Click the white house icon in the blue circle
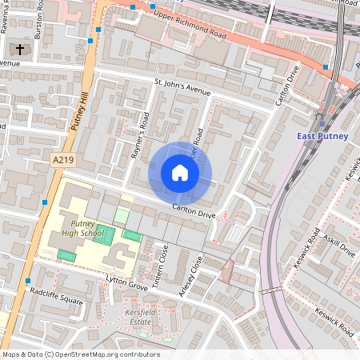[x=180, y=173]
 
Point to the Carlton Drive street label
[x=193, y=211]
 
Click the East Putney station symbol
[x=321, y=122]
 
